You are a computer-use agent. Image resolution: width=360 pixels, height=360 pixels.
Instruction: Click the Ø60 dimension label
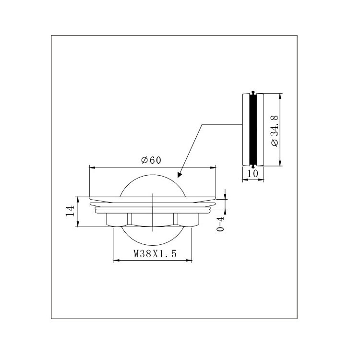151,160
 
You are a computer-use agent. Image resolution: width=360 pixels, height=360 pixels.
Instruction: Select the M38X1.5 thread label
155,254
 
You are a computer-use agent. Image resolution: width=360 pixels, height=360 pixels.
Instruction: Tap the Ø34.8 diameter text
275,131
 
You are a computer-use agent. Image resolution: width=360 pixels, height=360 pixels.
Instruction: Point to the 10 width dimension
253,174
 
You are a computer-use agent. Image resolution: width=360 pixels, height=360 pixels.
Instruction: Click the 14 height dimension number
70,211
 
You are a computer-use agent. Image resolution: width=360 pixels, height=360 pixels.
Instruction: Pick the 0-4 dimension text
220,224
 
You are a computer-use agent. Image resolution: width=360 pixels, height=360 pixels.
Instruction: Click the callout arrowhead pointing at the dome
180,175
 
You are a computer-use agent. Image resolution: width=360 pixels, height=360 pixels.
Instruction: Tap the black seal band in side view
253,130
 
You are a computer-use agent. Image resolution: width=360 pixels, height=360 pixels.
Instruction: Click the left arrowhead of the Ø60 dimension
92,168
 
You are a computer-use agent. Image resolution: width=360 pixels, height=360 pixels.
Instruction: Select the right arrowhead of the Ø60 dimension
213,168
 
